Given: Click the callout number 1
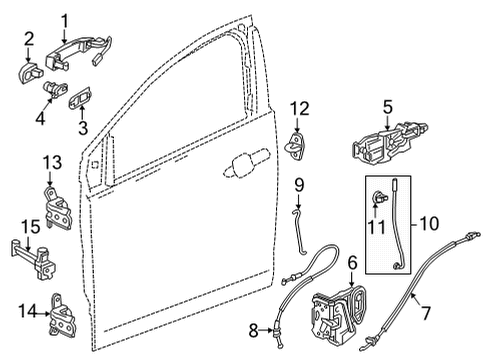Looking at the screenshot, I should (x=65, y=18).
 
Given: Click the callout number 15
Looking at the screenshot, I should (x=30, y=254).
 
